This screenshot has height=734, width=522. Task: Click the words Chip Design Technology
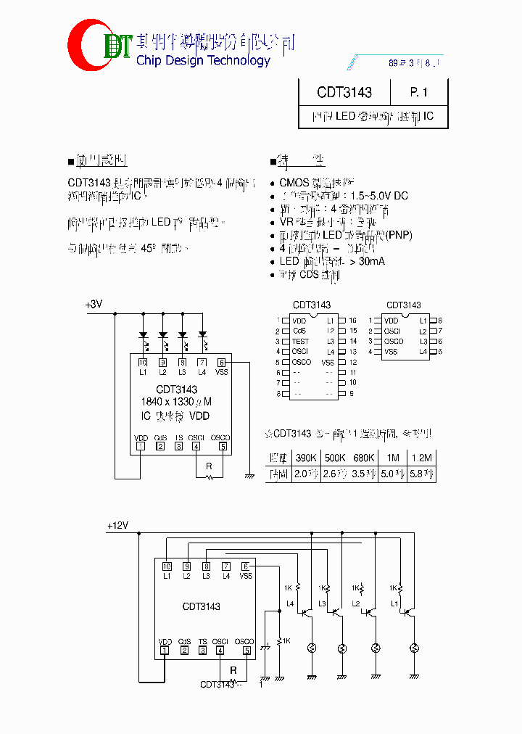point(203,60)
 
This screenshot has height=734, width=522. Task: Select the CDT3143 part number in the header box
point(344,92)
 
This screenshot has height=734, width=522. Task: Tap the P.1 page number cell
point(419,92)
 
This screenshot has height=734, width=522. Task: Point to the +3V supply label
point(94,305)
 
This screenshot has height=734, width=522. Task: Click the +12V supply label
point(117,526)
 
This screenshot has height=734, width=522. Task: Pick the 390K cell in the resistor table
point(305,458)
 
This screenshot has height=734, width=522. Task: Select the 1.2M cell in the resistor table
point(421,458)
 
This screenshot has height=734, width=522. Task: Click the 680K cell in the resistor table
point(363,458)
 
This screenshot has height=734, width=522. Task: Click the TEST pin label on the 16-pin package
point(300,341)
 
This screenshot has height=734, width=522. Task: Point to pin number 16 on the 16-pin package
point(352,321)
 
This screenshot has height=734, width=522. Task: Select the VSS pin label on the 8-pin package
point(391,352)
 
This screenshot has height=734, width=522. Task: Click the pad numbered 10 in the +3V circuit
point(143,362)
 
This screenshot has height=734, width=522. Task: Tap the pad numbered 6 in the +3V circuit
point(222,362)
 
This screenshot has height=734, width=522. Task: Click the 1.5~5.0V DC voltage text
point(379,196)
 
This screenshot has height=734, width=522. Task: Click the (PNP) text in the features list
point(399,235)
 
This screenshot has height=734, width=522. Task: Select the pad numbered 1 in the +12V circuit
point(165,651)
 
